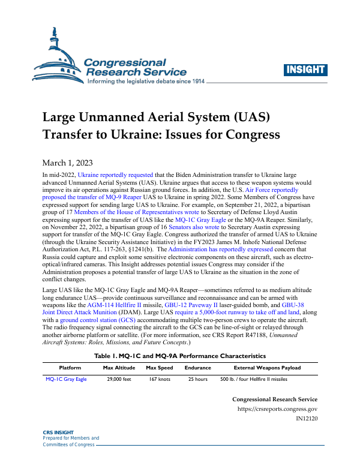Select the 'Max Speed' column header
pos(160,368)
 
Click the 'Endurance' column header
pos(197,368)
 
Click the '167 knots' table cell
pos(160,380)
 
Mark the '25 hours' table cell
pos(197,380)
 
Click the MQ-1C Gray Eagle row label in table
pos(66,380)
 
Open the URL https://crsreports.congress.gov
pos(278,410)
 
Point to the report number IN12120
pos(307,420)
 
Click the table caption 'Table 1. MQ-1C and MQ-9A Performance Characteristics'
pos(180,356)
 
